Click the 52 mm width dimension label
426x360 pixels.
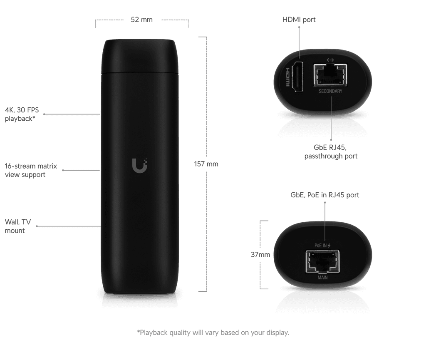point(141,20)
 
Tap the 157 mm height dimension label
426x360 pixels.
point(206,164)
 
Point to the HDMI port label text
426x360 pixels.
point(299,20)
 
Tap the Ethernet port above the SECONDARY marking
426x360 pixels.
point(330,76)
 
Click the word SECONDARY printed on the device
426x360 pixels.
point(330,91)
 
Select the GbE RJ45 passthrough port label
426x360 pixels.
point(331,152)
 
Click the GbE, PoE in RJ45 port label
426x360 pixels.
point(324,195)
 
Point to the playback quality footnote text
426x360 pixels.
point(213,333)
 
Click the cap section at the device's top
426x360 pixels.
point(142,56)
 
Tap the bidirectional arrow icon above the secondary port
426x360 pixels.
point(331,60)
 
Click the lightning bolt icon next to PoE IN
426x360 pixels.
point(329,245)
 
